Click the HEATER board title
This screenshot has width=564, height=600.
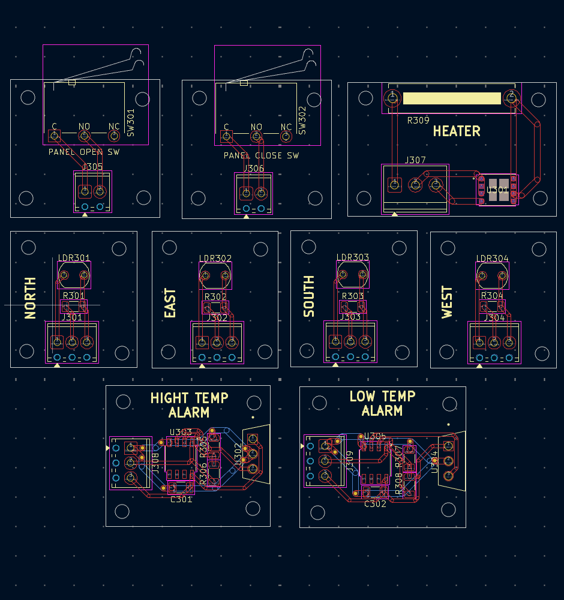(457, 131)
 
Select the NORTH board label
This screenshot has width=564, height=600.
(30, 298)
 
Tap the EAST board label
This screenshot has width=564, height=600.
(170, 303)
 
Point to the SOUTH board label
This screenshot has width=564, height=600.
(309, 296)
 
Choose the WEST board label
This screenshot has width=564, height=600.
(448, 302)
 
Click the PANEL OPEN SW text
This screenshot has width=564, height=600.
(84, 152)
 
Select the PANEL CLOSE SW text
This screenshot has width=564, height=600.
(261, 155)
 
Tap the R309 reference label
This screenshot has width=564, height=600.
(418, 120)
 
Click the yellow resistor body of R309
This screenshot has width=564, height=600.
(451, 98)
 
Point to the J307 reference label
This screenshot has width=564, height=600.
(415, 160)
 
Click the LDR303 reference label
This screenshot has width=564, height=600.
(353, 257)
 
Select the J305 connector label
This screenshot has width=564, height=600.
(93, 167)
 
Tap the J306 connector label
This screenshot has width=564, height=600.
(254, 169)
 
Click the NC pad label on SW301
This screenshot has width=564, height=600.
(114, 126)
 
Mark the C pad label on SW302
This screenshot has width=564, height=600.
(226, 127)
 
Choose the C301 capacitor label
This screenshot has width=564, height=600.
(181, 499)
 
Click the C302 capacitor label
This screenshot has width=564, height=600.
(376, 504)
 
